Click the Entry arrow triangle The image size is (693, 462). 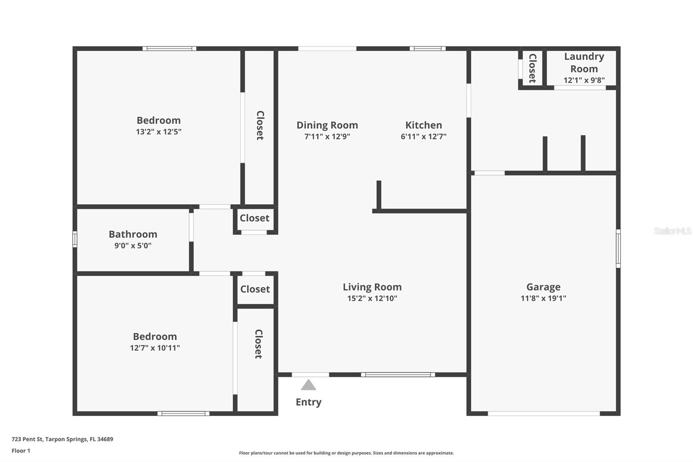point(308,385)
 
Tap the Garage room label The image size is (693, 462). point(543,287)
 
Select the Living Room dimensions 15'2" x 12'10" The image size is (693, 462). point(372,298)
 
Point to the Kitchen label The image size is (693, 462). point(424,125)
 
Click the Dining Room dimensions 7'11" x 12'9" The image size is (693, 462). point(327,137)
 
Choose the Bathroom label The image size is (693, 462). point(133,234)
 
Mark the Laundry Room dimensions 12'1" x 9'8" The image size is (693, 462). point(584,80)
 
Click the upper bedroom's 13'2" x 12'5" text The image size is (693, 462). point(159,132)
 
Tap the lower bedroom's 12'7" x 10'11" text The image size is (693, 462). point(155,348)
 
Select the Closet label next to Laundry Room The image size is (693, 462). point(532,68)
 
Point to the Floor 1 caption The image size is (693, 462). point(21,451)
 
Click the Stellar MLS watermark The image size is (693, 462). point(672,231)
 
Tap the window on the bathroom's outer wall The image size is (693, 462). point(75,239)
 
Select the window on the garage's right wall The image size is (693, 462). point(618,248)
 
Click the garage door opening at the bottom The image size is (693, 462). point(544,413)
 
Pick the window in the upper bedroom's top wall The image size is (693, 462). point(169,49)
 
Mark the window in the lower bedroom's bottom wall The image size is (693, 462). point(183,413)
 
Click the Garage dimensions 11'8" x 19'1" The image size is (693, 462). point(543,298)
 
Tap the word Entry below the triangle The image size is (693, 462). point(308,402)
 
